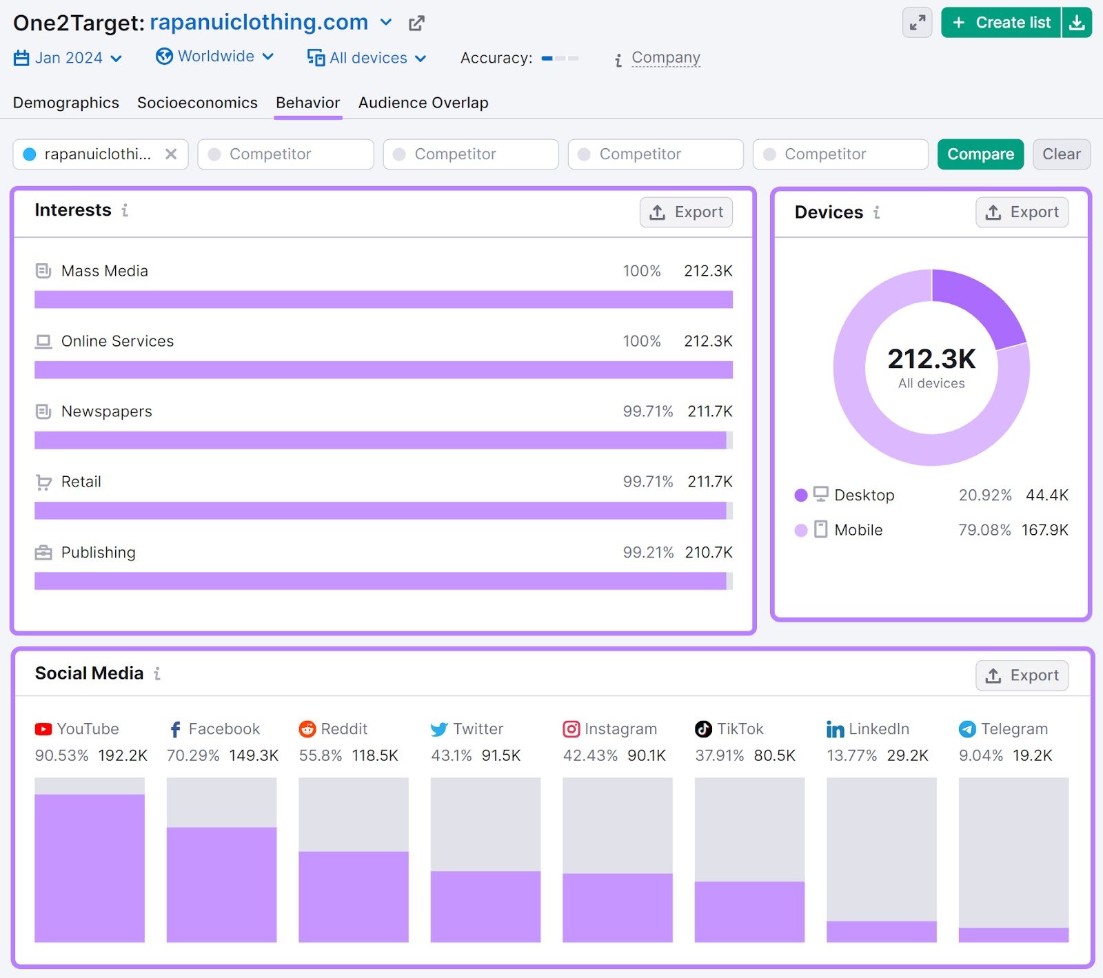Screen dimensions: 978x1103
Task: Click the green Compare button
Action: (980, 154)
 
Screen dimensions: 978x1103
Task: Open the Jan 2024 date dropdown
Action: (68, 58)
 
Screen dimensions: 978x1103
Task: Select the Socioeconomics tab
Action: (197, 103)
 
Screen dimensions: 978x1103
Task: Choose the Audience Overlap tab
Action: (423, 103)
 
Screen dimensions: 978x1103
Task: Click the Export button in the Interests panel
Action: (686, 212)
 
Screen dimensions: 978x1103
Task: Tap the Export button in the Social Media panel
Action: (1022, 675)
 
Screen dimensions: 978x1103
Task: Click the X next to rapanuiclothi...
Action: (171, 154)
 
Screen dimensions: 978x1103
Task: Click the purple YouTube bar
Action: (90, 868)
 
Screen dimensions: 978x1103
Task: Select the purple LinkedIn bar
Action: (881, 931)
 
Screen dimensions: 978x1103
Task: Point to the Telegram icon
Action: (967, 729)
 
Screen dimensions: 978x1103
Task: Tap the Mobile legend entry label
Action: (858, 530)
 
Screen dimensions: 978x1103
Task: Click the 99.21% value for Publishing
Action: (648, 553)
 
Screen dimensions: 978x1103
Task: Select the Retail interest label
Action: (81, 482)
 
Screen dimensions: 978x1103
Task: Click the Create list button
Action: (1001, 23)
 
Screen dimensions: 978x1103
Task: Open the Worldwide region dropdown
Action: (215, 57)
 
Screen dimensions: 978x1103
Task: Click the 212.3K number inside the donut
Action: (931, 359)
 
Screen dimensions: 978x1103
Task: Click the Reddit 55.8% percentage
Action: (321, 755)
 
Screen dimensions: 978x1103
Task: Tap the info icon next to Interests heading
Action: (125, 210)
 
